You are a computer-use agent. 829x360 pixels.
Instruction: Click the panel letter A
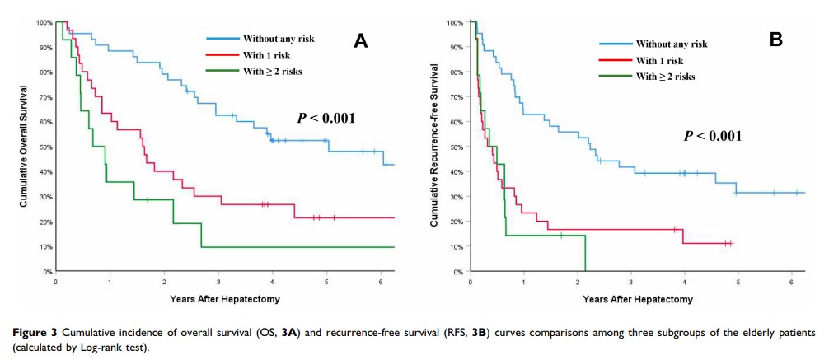(x=360, y=42)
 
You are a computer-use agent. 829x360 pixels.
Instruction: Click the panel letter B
(x=775, y=38)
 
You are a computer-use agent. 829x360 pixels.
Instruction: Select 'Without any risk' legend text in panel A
(x=279, y=39)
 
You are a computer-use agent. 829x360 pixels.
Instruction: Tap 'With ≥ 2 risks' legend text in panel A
(x=273, y=72)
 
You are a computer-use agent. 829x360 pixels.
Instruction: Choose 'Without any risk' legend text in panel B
(x=672, y=44)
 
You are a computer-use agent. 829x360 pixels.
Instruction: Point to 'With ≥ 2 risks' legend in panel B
(x=666, y=77)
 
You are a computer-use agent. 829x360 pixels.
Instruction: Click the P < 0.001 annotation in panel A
(x=326, y=118)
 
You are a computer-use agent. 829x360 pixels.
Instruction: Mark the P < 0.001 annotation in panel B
(x=713, y=136)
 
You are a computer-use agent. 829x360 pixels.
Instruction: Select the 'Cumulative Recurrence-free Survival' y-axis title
(x=433, y=146)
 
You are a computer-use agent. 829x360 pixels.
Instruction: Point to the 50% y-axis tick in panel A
(x=44, y=147)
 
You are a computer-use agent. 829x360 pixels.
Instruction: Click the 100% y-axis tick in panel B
(x=455, y=22)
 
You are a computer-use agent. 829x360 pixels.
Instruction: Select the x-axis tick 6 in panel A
(x=381, y=281)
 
